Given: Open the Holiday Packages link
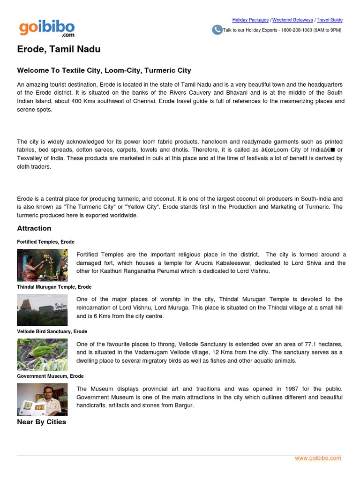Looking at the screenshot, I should (250, 20).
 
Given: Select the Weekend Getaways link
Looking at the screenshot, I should (292, 20).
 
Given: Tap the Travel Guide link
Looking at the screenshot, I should (330, 20).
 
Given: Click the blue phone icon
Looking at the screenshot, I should (217, 30).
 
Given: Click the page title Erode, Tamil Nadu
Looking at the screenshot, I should (59, 49).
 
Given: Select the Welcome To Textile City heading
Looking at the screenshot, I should (104, 70).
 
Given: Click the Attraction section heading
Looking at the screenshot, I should (34, 228).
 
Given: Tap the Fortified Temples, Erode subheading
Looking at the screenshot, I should (45, 242).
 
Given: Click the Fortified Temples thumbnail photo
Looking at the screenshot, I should (42, 265).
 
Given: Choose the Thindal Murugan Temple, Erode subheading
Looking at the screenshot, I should (54, 287).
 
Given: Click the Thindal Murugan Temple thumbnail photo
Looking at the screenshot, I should (42, 310).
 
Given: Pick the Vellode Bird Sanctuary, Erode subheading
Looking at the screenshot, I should (52, 331).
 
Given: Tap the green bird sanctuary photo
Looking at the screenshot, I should (42, 354).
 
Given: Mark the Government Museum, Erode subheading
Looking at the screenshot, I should (50, 376).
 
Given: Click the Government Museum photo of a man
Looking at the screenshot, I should (42, 399).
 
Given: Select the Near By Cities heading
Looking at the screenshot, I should (42, 422).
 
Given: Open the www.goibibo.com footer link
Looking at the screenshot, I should (318, 458).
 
